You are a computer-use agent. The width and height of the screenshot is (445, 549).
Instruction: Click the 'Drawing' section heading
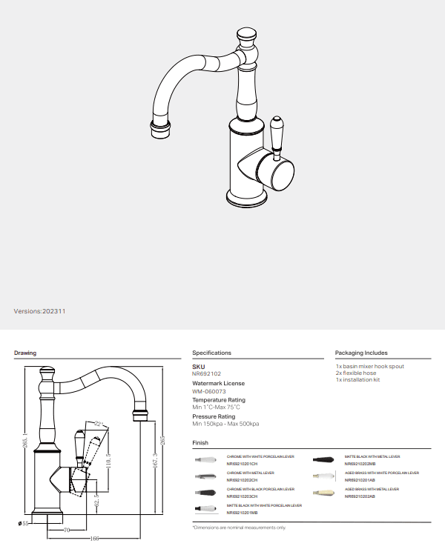25,353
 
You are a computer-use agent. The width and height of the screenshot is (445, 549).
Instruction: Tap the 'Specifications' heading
211,353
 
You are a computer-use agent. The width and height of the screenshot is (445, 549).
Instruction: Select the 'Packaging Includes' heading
361,353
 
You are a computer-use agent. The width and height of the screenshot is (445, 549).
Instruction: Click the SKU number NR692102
207,374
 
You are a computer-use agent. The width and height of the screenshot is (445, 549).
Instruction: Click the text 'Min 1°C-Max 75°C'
216,407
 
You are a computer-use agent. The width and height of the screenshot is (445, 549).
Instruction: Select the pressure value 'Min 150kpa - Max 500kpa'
225,424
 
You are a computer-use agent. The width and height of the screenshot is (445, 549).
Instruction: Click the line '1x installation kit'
357,379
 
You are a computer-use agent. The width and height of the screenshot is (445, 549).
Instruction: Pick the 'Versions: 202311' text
40,311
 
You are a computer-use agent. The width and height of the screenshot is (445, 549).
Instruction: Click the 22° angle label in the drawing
98,423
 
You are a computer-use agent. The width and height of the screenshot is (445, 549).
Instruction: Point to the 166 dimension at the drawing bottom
95,538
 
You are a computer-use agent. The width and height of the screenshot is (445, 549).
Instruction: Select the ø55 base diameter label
23,523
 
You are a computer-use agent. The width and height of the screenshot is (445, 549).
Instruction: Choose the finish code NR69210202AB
360,496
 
